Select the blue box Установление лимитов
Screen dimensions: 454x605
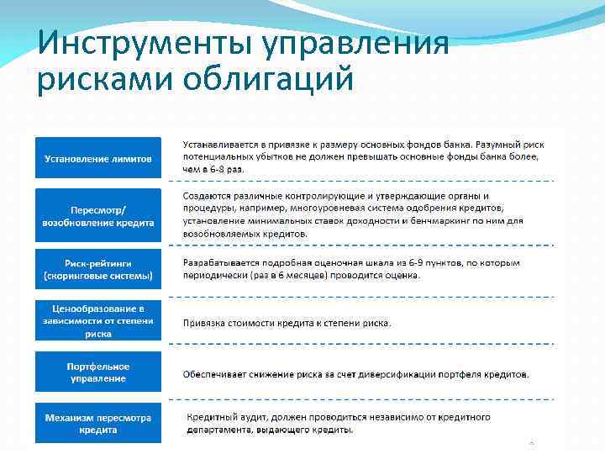click(98, 158)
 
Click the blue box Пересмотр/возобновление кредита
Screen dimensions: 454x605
click(98, 216)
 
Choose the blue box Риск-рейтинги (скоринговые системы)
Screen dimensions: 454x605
click(98, 269)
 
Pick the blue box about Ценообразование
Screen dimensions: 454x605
click(98, 321)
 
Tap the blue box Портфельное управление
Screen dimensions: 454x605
click(98, 372)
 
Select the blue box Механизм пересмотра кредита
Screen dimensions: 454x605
click(98, 424)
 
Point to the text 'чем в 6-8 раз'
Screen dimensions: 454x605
click(214, 169)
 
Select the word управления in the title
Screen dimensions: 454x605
click(359, 43)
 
